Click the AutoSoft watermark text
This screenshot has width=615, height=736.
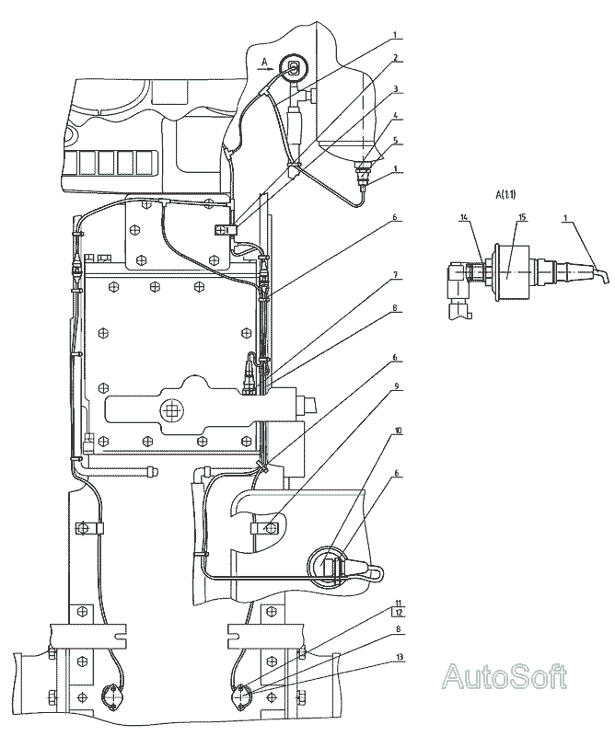[505, 676]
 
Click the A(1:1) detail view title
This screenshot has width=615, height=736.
[505, 194]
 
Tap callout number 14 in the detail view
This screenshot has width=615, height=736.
[464, 217]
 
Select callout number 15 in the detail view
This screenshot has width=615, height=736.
[521, 217]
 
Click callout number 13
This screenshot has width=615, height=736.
[399, 657]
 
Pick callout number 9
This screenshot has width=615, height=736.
[396, 385]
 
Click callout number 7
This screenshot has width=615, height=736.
[396, 276]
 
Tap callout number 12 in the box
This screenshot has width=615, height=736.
[399, 613]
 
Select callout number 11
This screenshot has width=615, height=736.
[399, 603]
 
